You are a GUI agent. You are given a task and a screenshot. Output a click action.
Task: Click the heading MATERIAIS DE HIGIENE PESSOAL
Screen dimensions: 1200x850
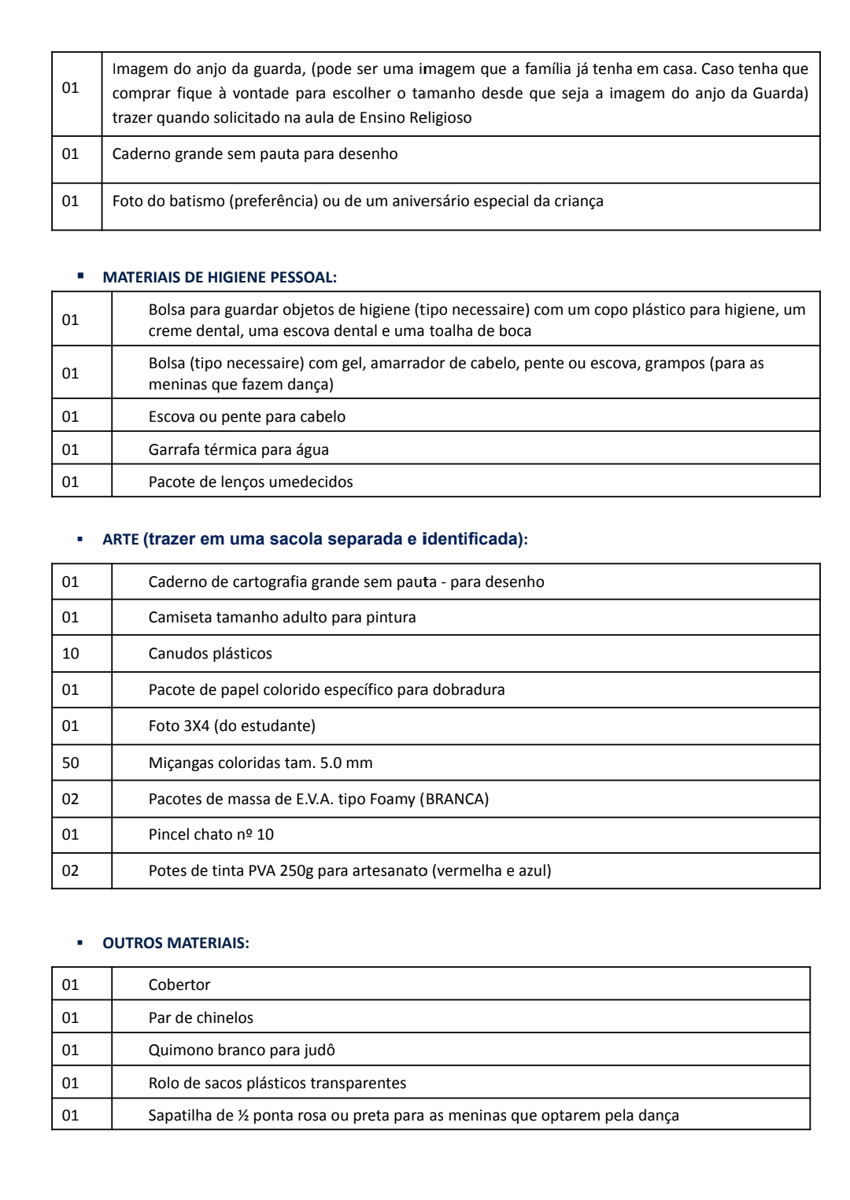220,277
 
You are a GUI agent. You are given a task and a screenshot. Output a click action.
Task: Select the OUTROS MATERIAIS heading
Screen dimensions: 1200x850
176,943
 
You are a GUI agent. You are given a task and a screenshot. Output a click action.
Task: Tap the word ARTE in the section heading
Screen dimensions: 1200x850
120,540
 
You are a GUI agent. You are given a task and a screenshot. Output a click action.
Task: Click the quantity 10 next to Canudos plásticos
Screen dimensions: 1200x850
71,653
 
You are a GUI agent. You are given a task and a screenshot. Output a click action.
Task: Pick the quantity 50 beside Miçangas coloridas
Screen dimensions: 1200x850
71,762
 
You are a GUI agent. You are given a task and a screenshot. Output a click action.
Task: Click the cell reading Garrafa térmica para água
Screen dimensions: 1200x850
238,449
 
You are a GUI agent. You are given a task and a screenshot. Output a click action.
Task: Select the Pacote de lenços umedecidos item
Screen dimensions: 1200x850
250,482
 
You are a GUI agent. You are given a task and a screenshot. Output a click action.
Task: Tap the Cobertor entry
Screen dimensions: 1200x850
179,984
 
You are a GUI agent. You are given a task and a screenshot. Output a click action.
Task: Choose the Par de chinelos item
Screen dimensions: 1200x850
201,1017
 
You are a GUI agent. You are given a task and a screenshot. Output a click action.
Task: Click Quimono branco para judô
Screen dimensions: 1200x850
242,1050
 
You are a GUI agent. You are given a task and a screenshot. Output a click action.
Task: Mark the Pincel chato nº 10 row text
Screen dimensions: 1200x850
211,834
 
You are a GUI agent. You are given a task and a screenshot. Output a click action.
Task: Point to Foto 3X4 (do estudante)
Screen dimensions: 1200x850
231,726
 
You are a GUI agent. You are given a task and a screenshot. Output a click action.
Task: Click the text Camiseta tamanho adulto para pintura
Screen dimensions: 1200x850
282,617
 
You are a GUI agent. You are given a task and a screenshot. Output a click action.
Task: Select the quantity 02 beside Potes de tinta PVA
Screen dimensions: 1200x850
71,870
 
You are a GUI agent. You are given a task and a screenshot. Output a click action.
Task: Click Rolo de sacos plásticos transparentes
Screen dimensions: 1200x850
277,1083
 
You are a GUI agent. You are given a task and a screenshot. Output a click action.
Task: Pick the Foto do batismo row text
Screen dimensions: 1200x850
357,201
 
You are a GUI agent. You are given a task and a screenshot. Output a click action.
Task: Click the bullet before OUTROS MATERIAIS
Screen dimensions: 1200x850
79,942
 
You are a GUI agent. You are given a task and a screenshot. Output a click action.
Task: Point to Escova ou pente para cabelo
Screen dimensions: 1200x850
246,416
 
